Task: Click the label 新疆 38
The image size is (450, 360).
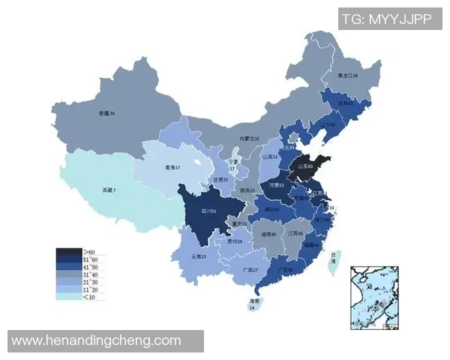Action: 106,113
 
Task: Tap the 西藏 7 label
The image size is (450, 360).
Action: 109,190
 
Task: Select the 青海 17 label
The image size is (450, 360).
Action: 172,168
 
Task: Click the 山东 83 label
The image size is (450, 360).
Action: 304,166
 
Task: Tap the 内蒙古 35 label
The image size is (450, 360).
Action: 249,139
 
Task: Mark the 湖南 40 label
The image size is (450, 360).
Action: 268,234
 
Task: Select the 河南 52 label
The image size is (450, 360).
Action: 277,184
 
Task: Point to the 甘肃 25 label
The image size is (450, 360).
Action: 220,180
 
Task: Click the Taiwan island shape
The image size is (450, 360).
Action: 334,260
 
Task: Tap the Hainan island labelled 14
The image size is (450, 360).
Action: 253,304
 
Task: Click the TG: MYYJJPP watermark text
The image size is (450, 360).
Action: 387,19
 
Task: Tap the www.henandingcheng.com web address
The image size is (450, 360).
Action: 97,340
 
